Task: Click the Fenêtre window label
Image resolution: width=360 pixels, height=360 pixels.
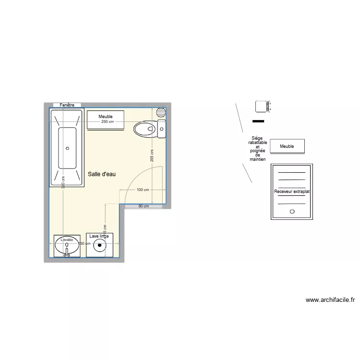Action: tap(67, 105)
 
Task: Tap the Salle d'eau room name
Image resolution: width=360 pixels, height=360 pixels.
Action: tap(102, 174)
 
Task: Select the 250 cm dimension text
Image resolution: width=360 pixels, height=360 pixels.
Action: tap(108, 122)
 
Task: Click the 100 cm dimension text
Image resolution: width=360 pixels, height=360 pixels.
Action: tap(143, 190)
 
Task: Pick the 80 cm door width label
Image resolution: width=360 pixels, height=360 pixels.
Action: tap(144, 206)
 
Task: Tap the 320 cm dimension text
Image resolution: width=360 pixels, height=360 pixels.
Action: tap(63, 183)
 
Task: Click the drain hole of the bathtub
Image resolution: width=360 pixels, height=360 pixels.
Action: tap(67, 148)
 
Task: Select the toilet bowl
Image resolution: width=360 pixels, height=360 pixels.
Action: tap(144, 129)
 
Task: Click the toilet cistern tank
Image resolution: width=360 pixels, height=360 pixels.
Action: tap(162, 129)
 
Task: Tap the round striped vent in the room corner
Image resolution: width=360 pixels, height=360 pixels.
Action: tap(161, 112)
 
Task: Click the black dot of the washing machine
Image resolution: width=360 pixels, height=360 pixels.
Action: tap(100, 246)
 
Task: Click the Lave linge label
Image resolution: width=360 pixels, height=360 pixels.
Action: tap(99, 236)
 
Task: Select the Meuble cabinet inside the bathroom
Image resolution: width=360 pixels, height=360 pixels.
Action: tap(106, 117)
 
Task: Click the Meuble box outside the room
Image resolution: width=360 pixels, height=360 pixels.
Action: tap(287, 146)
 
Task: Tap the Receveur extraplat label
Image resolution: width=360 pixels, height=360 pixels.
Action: tap(292, 192)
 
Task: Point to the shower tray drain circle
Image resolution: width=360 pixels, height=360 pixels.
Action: tap(292, 211)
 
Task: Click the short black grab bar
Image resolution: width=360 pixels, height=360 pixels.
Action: tap(258, 121)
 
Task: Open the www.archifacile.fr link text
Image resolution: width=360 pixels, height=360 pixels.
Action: tap(330, 300)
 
